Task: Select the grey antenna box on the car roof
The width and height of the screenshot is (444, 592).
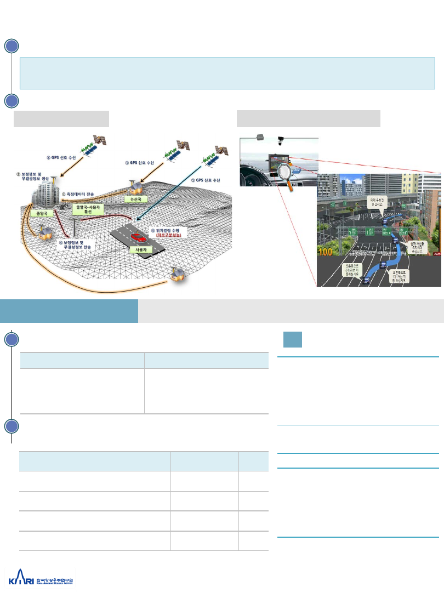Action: (260, 136)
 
